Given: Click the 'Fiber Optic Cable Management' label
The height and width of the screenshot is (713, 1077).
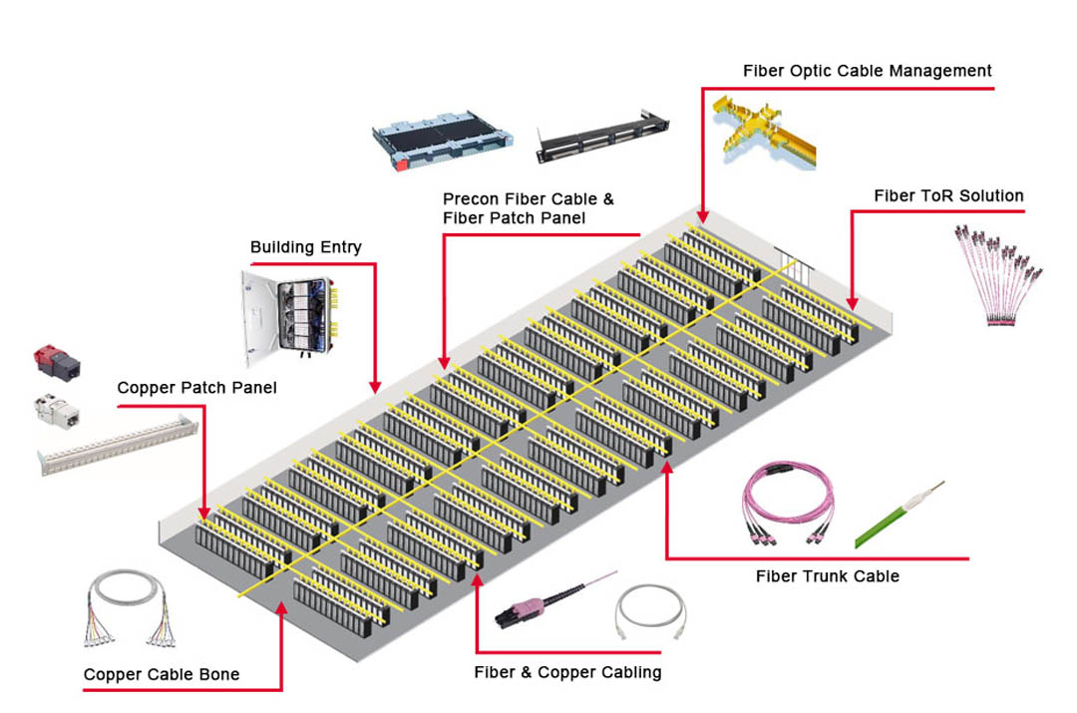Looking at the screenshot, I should [867, 71].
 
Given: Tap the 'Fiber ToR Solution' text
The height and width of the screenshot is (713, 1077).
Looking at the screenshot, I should [948, 195].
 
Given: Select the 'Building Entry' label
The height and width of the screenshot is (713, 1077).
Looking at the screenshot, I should [305, 247].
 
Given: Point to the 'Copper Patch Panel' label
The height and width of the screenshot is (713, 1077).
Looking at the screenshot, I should [196, 387].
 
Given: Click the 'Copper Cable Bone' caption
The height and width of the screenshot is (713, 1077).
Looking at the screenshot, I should [162, 675].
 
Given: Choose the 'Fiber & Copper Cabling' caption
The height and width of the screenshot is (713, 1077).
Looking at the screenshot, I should [567, 672].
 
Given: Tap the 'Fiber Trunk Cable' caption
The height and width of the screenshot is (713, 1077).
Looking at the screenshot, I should [827, 575].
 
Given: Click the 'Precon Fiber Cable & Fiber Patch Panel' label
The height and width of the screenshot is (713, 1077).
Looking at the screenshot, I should [529, 208].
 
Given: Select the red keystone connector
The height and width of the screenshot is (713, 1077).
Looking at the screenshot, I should [58, 361].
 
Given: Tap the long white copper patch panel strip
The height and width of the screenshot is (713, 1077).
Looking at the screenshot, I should [118, 444].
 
